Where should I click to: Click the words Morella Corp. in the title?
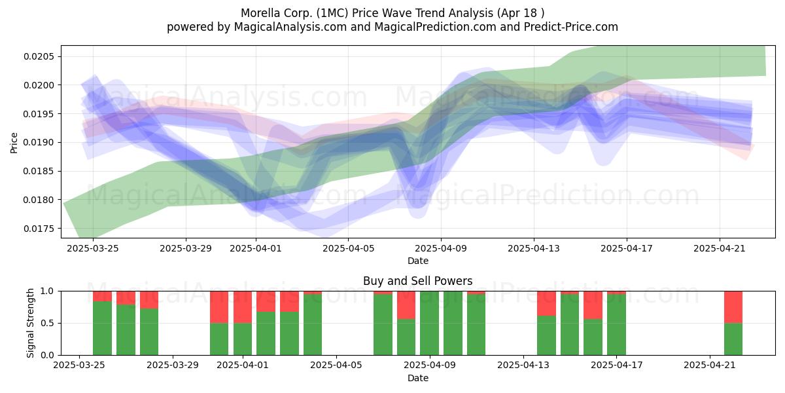tap(277, 13)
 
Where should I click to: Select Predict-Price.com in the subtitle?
tap(571, 27)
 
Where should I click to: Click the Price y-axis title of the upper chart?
tap(14, 143)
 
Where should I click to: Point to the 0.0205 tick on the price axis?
tap(39, 56)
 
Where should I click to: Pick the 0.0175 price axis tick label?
tap(39, 229)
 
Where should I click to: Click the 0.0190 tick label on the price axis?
tap(39, 143)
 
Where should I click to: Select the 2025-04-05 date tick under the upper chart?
tap(348, 248)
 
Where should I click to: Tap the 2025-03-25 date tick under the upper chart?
tap(93, 248)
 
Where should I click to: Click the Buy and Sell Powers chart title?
tap(418, 281)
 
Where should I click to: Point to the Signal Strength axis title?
tap(31, 323)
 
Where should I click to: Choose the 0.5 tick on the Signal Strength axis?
tap(48, 323)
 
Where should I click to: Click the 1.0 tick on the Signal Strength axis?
tap(48, 291)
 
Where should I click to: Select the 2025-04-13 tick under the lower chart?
tap(523, 365)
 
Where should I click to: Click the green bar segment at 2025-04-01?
tap(243, 339)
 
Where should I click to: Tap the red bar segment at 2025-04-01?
tap(243, 307)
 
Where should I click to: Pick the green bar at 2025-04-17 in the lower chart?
tap(616, 325)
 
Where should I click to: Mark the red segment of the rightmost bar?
tap(733, 307)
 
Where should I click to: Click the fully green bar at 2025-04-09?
tap(429, 323)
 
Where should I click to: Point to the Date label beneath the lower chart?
tap(418, 378)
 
